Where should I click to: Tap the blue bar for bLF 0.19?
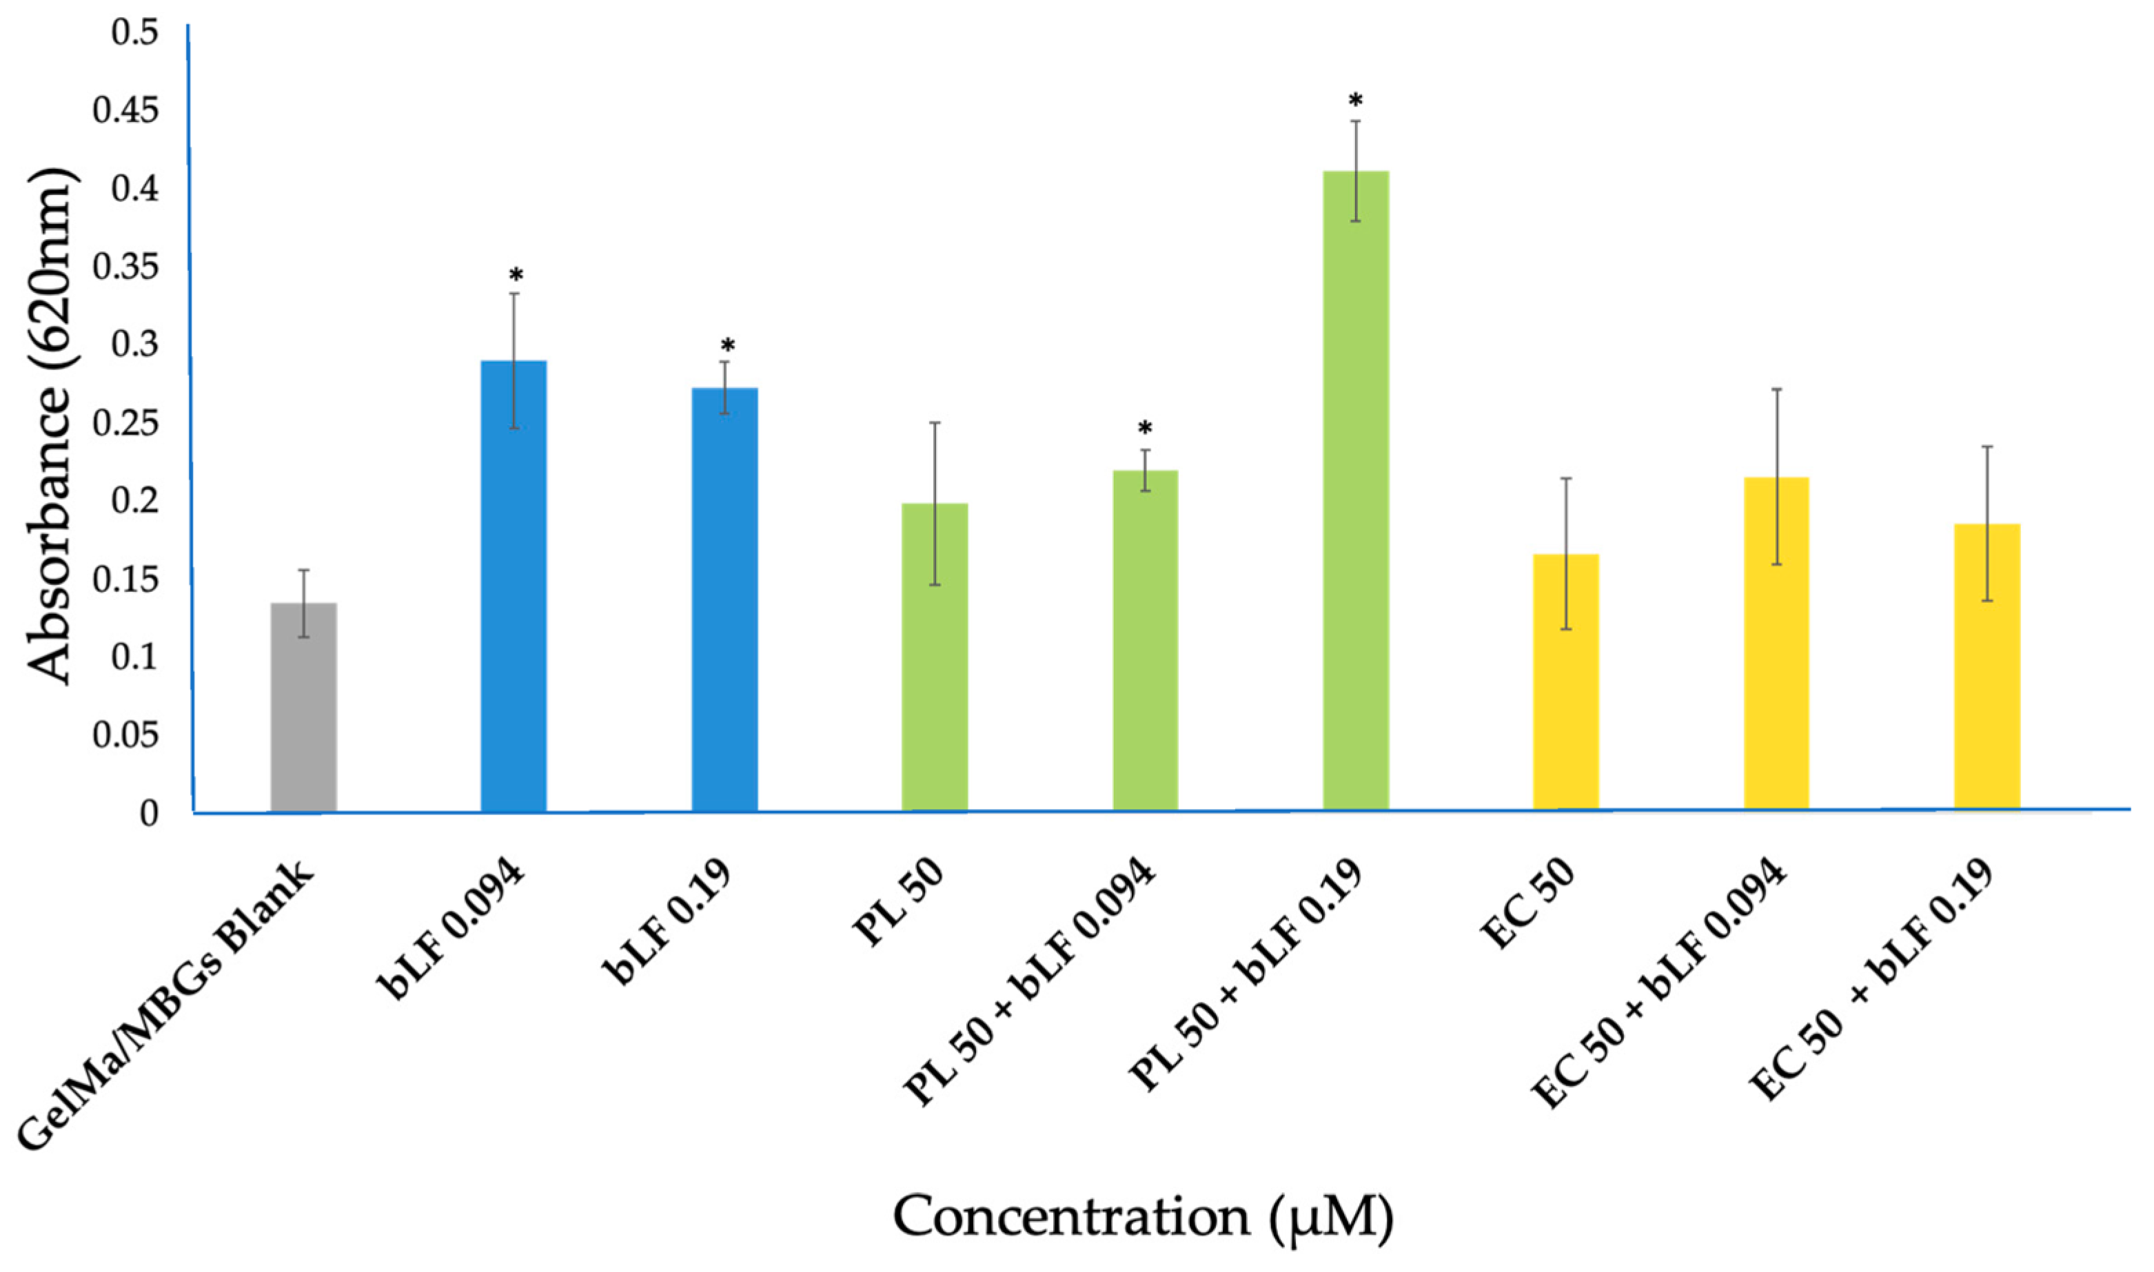(x=724, y=599)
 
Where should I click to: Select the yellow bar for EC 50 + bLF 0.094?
(x=1776, y=643)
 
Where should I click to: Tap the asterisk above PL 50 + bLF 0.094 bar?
(x=1145, y=429)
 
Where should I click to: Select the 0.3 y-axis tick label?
(x=135, y=345)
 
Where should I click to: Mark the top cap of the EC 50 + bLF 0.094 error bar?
(x=1777, y=389)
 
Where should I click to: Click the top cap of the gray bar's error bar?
(x=303, y=570)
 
